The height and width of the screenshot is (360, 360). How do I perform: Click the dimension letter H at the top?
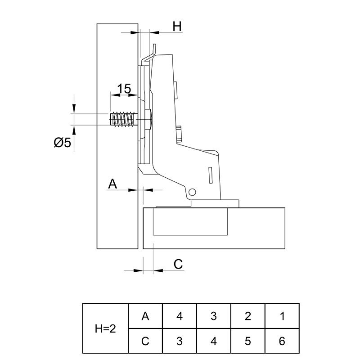(177, 26)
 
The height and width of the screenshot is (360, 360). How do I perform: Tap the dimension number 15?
(124, 89)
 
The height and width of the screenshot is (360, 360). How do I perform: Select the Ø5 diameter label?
(63, 143)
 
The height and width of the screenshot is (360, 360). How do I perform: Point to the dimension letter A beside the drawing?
(112, 184)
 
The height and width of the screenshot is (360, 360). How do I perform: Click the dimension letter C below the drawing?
(178, 264)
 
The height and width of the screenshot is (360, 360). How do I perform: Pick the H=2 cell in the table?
(105, 329)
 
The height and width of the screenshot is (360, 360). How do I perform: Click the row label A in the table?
(145, 316)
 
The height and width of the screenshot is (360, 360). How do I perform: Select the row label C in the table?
(145, 341)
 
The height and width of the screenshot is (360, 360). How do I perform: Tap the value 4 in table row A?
(180, 316)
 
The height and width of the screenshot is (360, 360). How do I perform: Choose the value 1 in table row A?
(282, 316)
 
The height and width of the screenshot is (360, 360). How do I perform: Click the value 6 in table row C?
(282, 341)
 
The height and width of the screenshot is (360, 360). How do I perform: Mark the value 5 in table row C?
(248, 341)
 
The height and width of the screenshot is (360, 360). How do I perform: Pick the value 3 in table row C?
(180, 341)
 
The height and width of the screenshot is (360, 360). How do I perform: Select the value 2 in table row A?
(248, 316)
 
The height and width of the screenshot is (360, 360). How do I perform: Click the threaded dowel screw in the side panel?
(122, 119)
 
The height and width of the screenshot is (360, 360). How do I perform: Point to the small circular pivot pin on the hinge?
(192, 192)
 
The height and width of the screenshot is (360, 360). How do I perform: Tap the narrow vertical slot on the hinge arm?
(210, 175)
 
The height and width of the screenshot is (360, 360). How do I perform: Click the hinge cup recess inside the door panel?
(190, 221)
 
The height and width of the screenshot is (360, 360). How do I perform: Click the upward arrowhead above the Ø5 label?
(74, 130)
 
